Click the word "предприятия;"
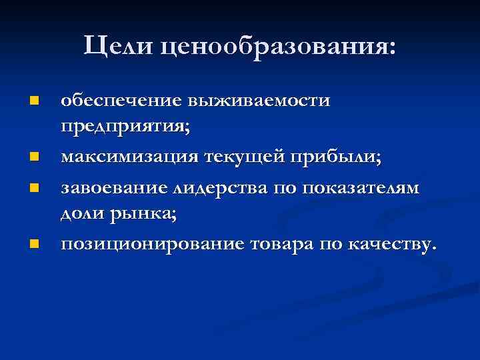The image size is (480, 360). click(x=125, y=127)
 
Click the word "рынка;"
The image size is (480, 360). click(x=142, y=213)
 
